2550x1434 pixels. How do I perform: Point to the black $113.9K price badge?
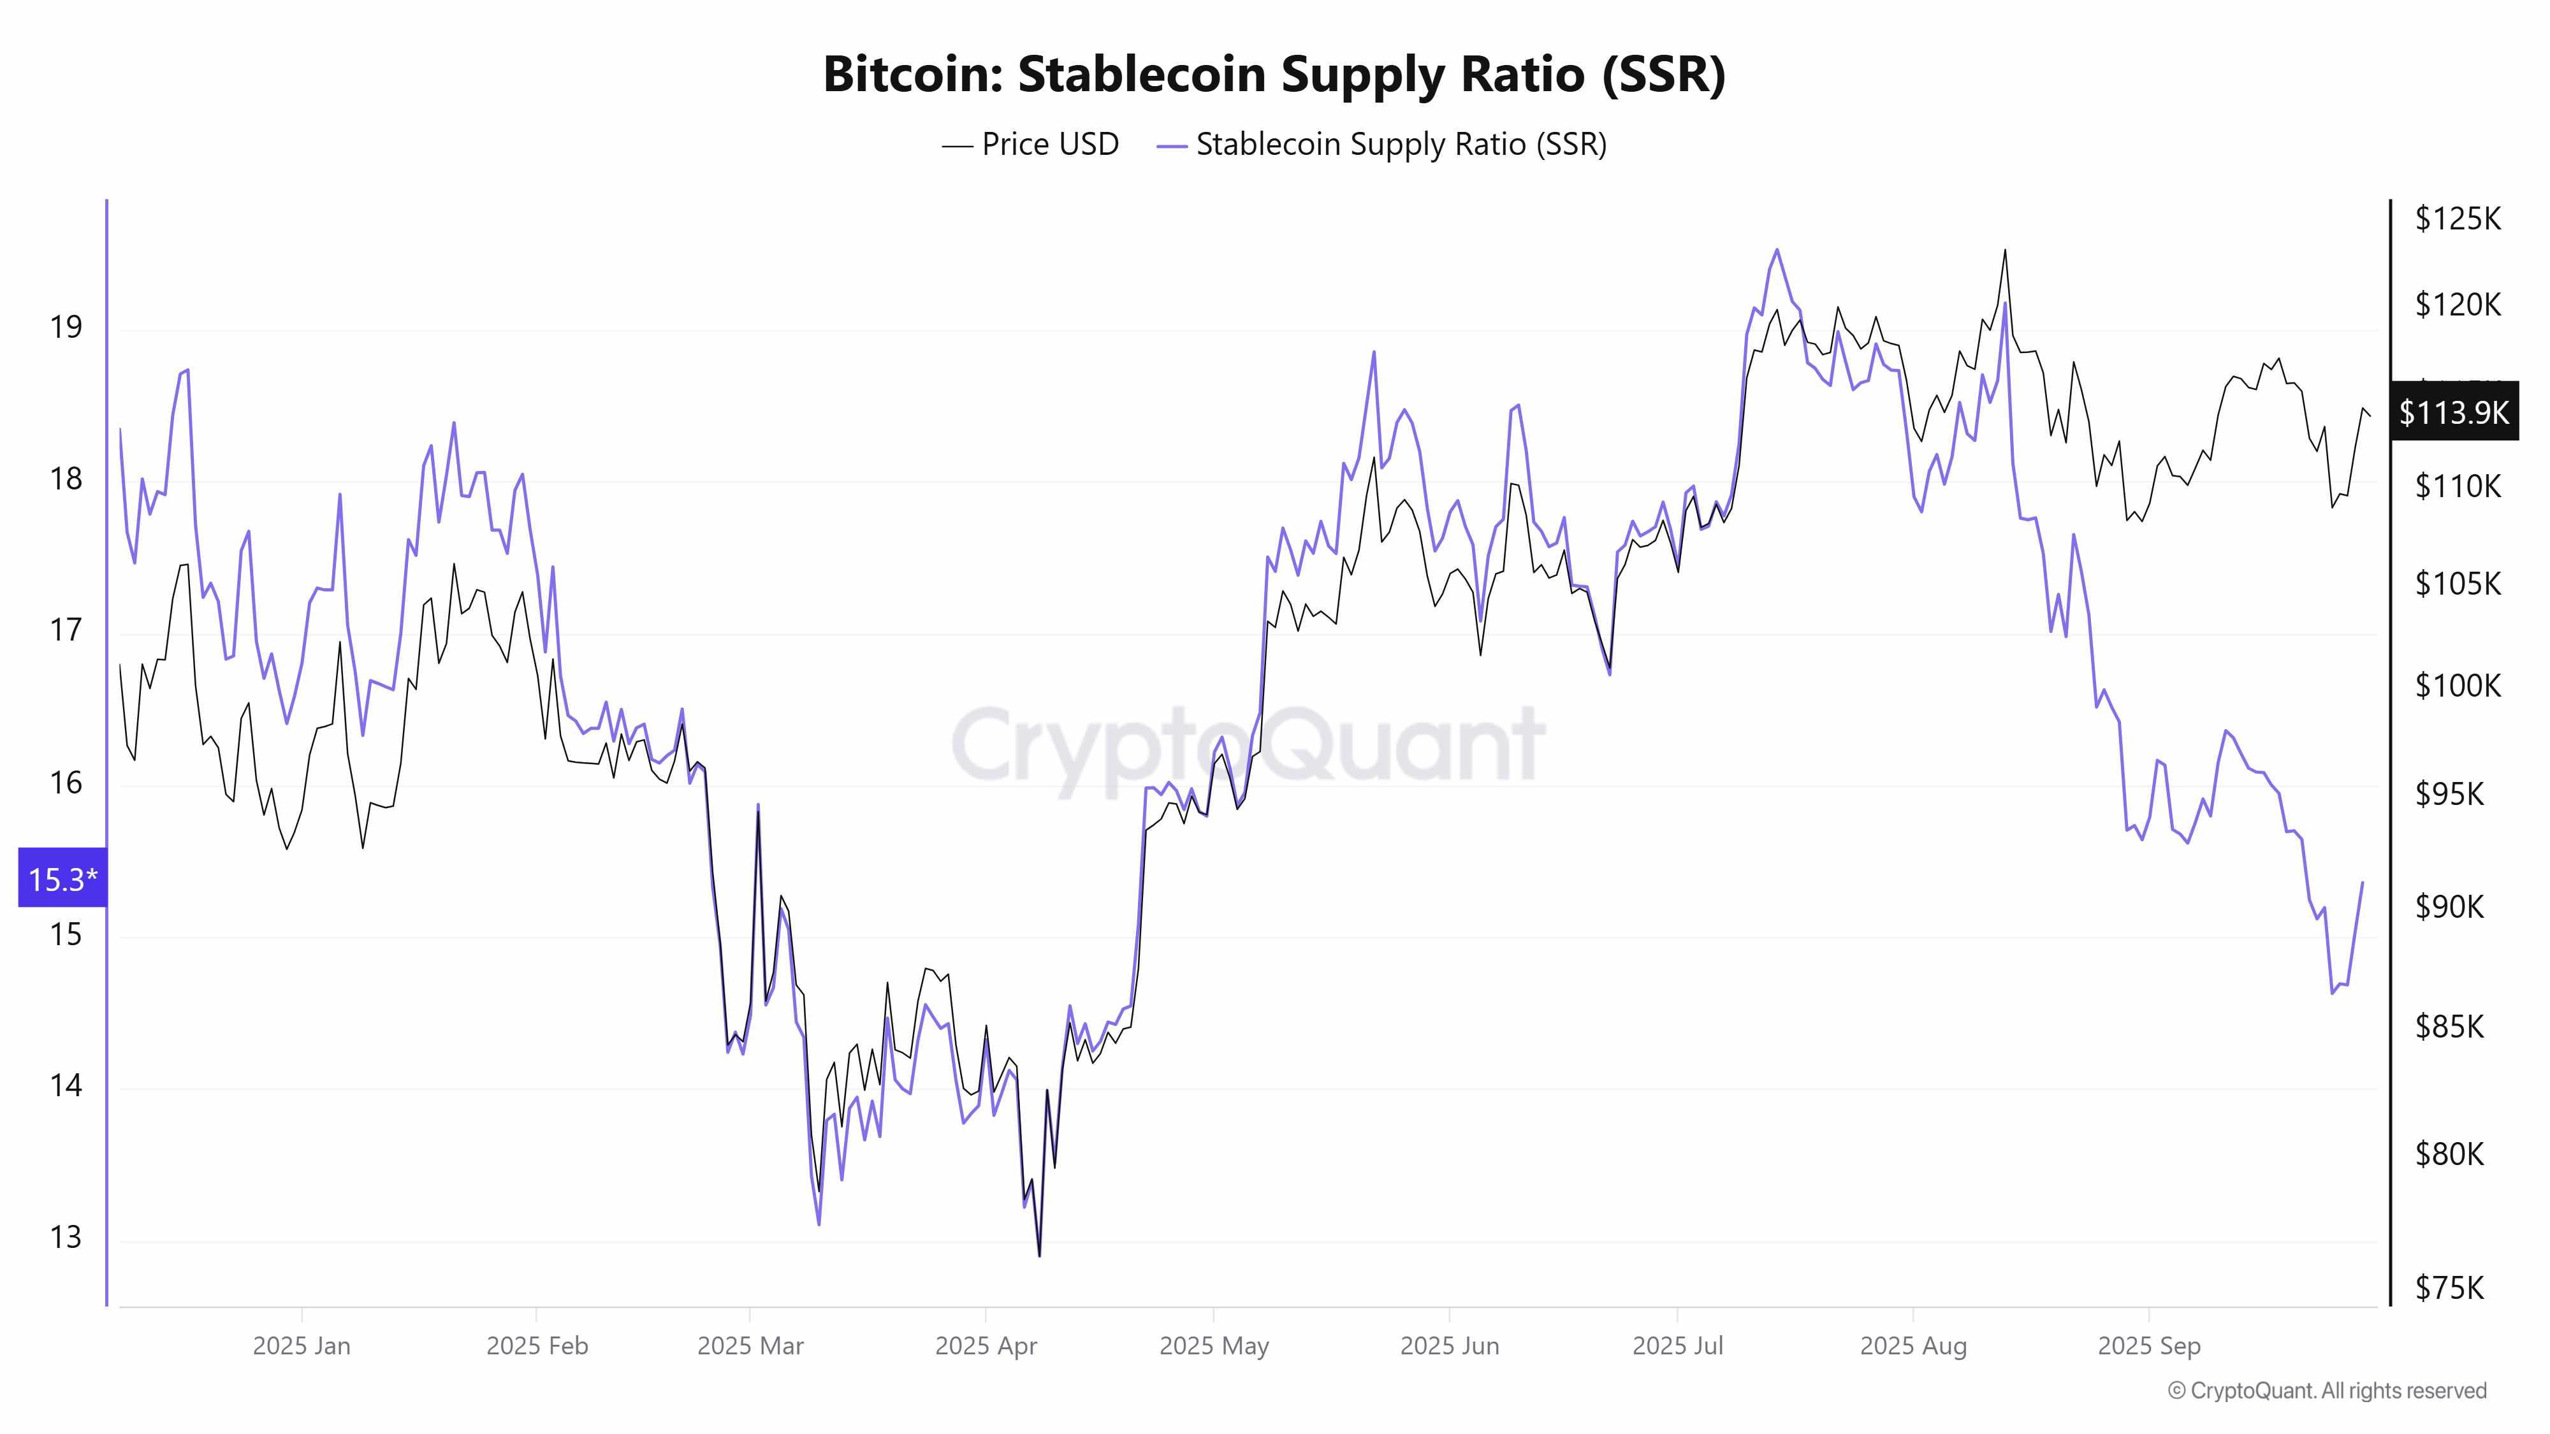tap(2453, 412)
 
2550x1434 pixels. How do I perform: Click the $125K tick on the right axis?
tap(2457, 219)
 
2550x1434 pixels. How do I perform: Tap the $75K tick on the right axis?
tap(2449, 1287)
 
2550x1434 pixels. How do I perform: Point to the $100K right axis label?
tap(2457, 685)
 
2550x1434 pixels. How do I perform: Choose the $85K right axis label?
tap(2449, 1026)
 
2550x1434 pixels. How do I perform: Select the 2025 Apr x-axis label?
tap(986, 1346)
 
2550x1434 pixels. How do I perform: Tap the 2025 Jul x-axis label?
tap(1677, 1346)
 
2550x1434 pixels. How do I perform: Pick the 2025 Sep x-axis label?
tap(2148, 1346)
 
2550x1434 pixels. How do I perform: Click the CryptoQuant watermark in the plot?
tap(1248, 744)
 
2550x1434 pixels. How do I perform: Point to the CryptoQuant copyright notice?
tap(2326, 1391)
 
